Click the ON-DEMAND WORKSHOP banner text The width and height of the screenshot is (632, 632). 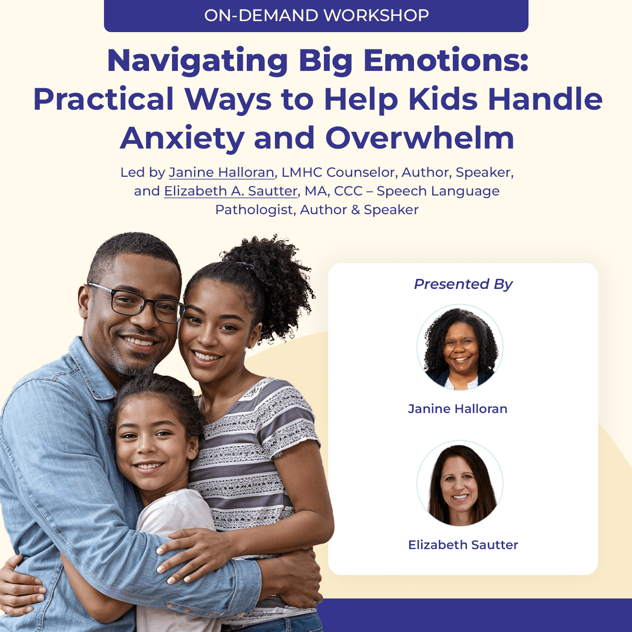point(317,15)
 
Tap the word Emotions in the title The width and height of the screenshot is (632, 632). point(446,61)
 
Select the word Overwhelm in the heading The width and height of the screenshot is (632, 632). point(419,138)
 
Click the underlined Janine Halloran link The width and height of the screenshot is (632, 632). point(221,172)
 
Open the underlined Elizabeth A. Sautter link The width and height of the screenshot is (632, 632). point(230,191)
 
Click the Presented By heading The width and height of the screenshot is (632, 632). point(463,284)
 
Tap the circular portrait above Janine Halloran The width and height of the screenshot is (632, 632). point(460,347)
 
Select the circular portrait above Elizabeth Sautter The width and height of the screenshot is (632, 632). point(460,483)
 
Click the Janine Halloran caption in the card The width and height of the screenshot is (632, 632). point(458,409)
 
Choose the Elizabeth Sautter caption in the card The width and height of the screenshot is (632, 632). point(463,545)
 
